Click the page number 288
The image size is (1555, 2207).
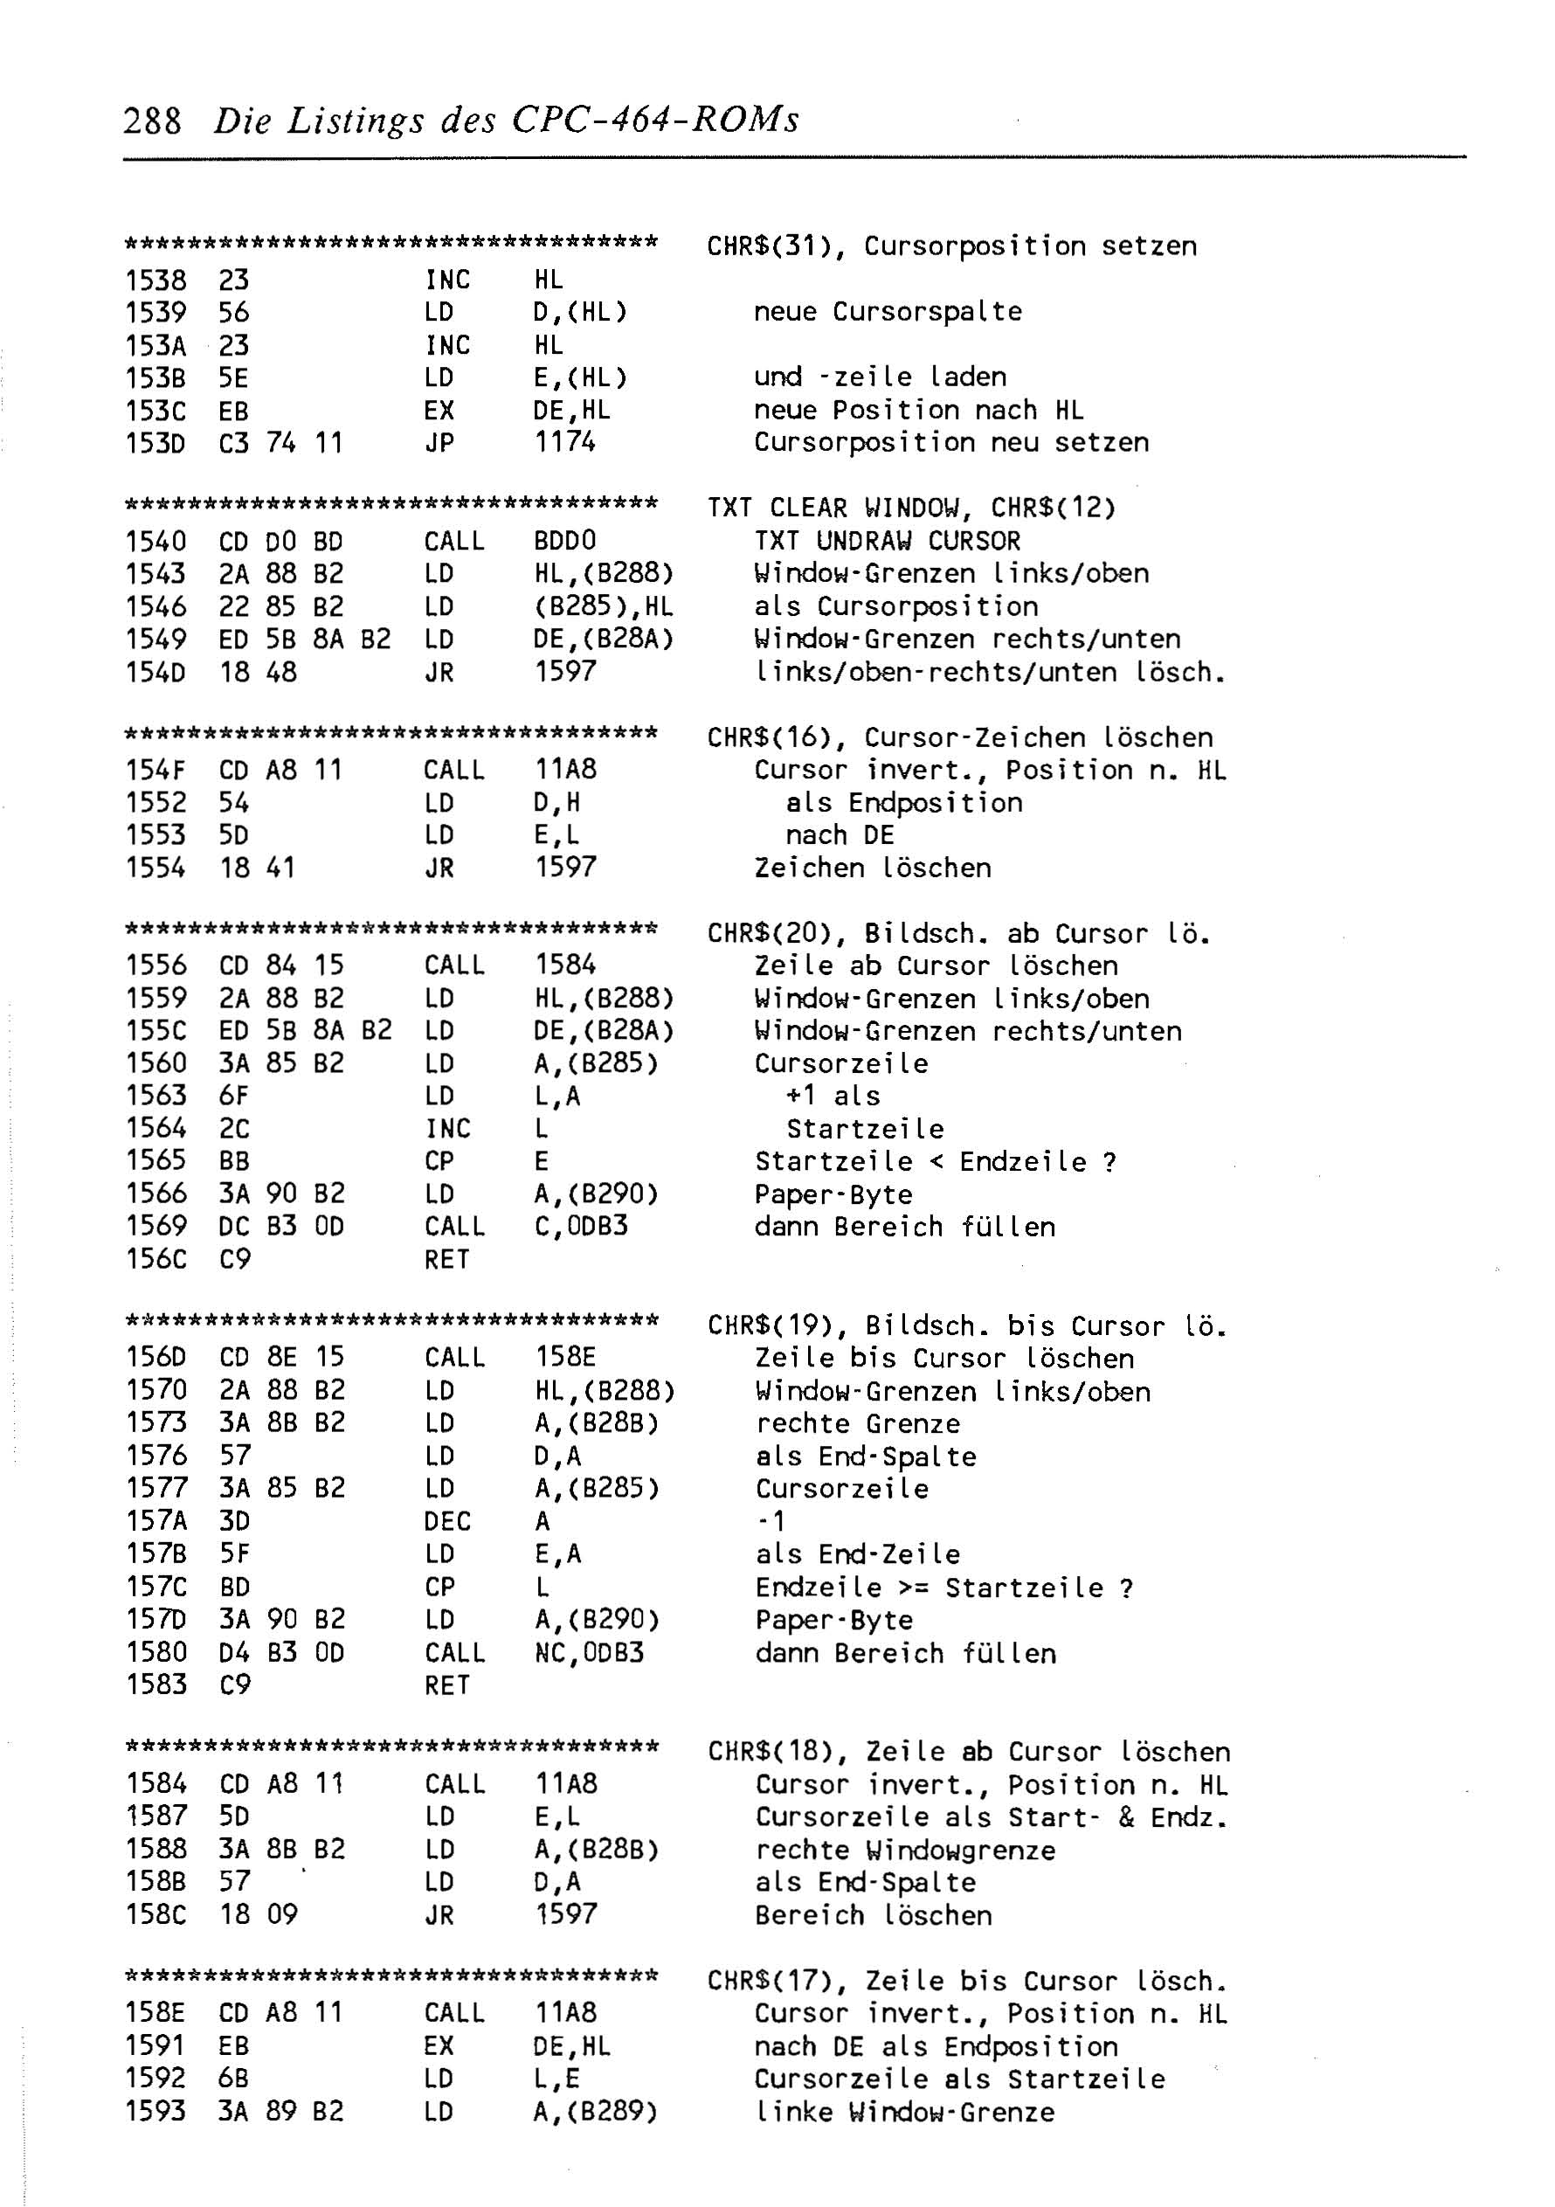coord(152,121)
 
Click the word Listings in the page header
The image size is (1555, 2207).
coord(356,121)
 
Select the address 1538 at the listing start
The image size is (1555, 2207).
coord(155,280)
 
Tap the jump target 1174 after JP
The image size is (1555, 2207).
coord(565,442)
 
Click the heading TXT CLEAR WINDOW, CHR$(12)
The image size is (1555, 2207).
coord(911,508)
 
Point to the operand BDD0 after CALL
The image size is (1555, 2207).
coord(565,540)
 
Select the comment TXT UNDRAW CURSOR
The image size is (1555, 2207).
coord(887,540)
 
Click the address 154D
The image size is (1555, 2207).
coord(155,672)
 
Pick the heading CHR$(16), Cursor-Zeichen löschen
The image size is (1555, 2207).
coord(959,737)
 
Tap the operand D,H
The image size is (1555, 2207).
coord(557,803)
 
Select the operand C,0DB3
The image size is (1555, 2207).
coord(580,1227)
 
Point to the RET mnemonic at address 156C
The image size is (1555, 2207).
coord(447,1259)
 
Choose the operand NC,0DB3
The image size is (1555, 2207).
coord(589,1652)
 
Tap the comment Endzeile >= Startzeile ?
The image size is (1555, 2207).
coord(943,1587)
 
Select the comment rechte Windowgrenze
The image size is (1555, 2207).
coord(905,1850)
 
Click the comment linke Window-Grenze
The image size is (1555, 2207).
coord(904,2111)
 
